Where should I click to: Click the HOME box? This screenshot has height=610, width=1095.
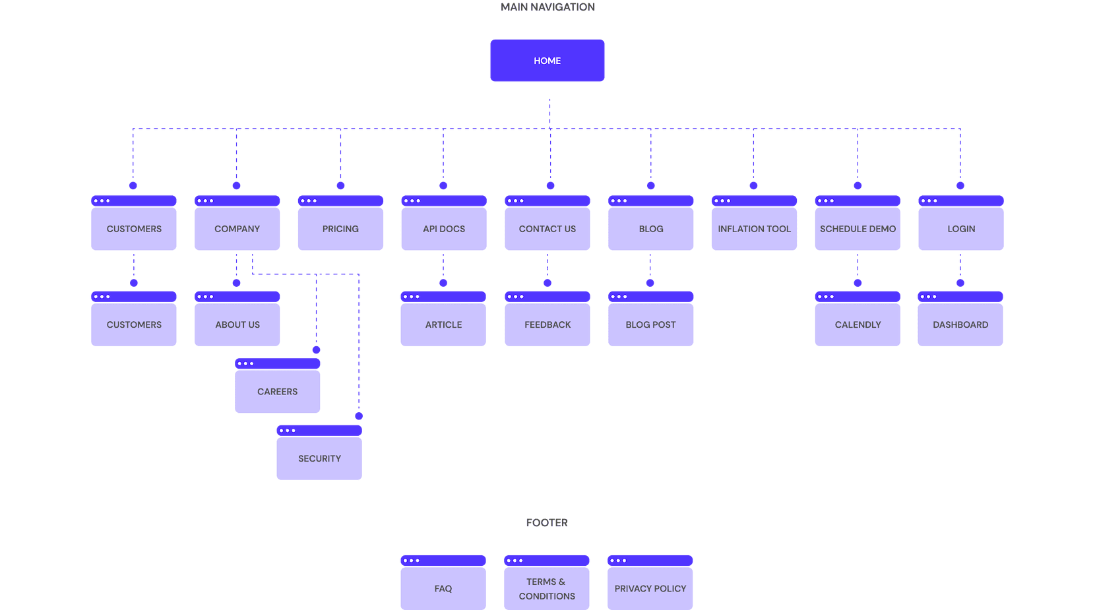[547, 61]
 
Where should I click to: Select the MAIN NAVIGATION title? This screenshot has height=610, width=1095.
[547, 7]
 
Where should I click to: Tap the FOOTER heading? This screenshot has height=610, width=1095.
[547, 523]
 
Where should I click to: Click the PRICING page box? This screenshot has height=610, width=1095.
[340, 229]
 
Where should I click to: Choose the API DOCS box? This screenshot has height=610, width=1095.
[444, 229]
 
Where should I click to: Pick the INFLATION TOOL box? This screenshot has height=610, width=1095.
[754, 229]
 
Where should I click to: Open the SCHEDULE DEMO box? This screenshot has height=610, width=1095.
[858, 229]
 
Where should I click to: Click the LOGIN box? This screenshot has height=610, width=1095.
[961, 229]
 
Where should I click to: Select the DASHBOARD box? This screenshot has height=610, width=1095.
[960, 325]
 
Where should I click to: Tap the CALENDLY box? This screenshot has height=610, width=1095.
[858, 325]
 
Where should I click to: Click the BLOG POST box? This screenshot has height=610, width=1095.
[650, 325]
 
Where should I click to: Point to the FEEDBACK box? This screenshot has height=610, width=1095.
[547, 325]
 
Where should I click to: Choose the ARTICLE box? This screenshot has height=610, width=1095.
[443, 325]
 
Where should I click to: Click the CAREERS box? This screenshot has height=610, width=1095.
[278, 392]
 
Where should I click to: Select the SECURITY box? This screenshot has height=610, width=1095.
[319, 458]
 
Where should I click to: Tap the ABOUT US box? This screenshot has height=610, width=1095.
[237, 325]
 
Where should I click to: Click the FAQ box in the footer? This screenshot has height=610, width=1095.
[443, 588]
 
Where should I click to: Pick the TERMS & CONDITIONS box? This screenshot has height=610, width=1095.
[547, 588]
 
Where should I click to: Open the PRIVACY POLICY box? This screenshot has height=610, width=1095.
[650, 588]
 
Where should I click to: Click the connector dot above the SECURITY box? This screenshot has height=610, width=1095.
[359, 417]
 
